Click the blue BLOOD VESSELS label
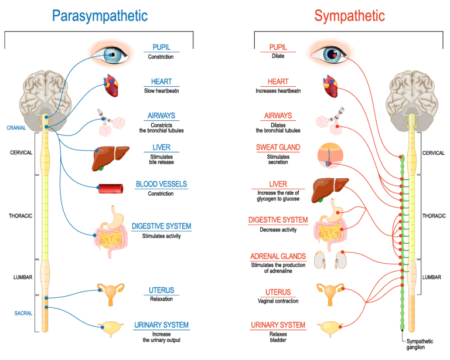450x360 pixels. coord(161,184)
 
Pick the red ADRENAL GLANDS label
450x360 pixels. coord(278,257)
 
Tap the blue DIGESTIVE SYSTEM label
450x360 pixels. coord(163,226)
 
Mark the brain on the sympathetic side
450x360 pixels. coord(414,94)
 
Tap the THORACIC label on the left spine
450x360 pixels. coord(21,215)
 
